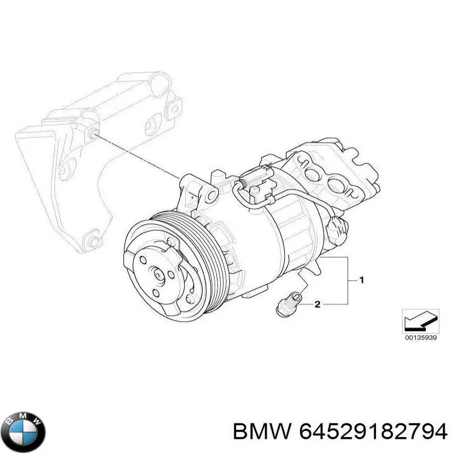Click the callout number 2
tap(318, 305)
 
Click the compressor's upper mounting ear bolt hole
tap(211, 196)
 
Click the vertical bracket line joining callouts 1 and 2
tap(347, 283)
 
